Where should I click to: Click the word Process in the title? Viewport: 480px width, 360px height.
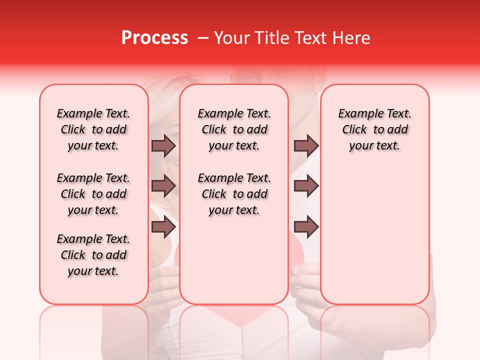(154, 38)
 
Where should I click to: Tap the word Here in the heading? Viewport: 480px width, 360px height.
(351, 38)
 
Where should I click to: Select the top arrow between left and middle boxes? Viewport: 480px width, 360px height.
(163, 145)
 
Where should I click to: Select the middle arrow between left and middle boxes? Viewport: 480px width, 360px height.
(163, 186)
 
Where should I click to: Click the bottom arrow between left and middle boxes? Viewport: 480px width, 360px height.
(163, 227)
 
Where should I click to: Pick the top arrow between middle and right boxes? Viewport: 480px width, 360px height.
(306, 145)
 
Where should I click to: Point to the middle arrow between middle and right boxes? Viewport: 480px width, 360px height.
(306, 186)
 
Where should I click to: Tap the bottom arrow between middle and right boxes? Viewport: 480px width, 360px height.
(306, 227)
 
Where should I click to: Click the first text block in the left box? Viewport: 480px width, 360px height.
(93, 129)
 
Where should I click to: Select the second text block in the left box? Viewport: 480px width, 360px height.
(93, 194)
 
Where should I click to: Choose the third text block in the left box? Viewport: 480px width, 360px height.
(93, 255)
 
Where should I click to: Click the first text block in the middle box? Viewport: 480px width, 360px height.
(234, 129)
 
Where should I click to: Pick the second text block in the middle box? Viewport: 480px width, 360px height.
(234, 194)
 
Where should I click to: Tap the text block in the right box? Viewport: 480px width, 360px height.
(374, 129)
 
